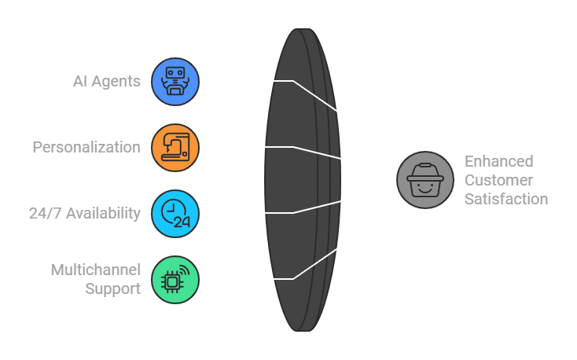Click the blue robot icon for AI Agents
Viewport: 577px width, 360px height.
(175, 81)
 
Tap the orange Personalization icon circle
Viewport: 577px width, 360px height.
(175, 147)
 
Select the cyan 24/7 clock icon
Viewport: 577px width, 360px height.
(175, 213)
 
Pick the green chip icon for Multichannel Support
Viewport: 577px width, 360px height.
(175, 279)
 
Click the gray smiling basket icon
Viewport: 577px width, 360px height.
(424, 180)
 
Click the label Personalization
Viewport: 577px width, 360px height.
(86, 147)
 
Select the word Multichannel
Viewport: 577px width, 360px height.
(96, 270)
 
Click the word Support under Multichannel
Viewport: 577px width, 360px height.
(113, 288)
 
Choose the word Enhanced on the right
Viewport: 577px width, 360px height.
(498, 161)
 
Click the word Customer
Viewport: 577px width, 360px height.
(498, 180)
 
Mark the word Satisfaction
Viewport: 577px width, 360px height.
(505, 199)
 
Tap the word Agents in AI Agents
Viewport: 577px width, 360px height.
(119, 81)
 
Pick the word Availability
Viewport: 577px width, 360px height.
(104, 213)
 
